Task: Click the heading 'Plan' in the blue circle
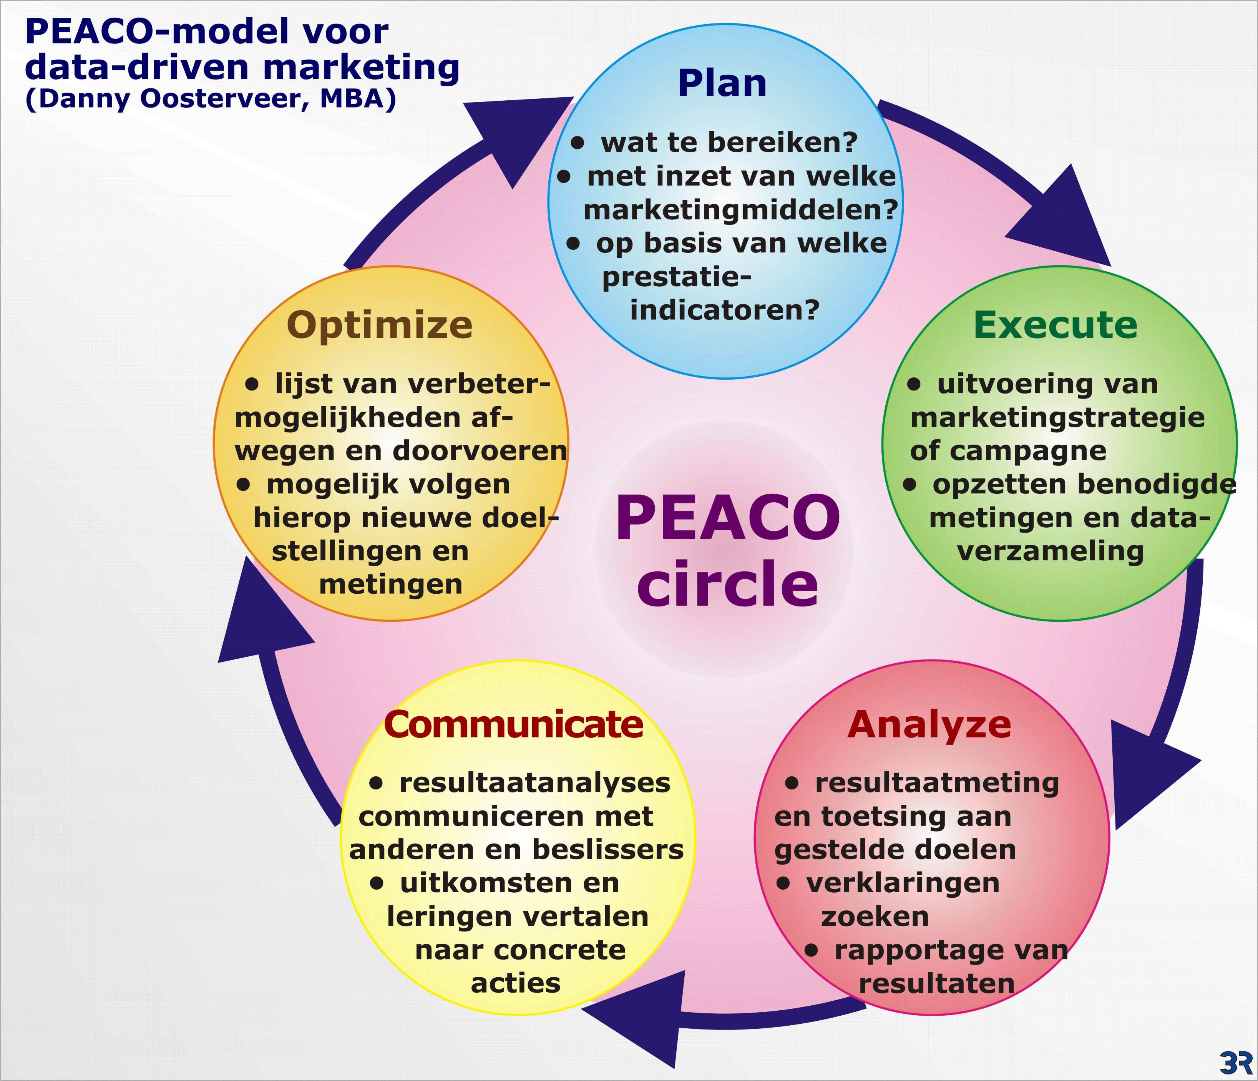point(722,83)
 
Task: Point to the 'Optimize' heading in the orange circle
point(380,326)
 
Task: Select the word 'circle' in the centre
point(727,583)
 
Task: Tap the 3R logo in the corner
point(1236,1061)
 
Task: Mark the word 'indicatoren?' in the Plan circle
point(725,311)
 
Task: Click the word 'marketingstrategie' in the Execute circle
point(1058,418)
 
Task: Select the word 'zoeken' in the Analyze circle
point(875,917)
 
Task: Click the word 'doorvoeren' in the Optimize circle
point(480,451)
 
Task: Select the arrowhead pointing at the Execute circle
point(1064,220)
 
